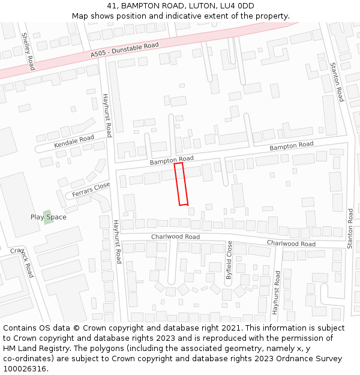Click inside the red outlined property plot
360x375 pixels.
(x=181, y=184)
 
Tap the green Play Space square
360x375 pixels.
(x=47, y=217)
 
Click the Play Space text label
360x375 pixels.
(x=49, y=217)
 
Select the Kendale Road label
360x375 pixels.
(x=74, y=142)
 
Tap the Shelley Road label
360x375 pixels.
(x=28, y=51)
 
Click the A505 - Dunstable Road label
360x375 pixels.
(x=125, y=50)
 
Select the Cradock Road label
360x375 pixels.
(x=23, y=262)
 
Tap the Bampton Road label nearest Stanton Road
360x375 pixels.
(x=291, y=146)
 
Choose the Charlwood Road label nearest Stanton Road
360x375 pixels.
(x=291, y=243)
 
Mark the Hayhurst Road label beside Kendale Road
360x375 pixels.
(x=107, y=115)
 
